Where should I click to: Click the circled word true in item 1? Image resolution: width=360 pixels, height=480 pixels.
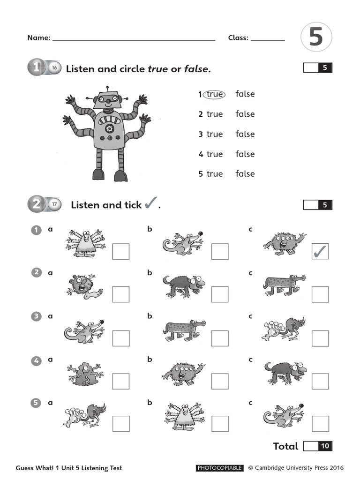[x=215, y=94]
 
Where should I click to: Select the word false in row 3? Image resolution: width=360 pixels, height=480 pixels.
[x=245, y=134]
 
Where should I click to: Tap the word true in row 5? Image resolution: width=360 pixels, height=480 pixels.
[x=215, y=174]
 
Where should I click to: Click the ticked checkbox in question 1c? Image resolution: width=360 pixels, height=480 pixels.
[x=320, y=251]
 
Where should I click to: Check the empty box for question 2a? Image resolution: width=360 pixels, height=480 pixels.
[x=120, y=294]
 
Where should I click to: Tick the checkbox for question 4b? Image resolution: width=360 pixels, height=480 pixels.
[x=220, y=381]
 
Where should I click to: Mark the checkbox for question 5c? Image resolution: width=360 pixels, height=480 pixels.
[x=320, y=423]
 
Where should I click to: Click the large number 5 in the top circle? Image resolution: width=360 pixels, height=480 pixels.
[x=316, y=37]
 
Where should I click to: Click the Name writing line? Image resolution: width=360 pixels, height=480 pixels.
[x=134, y=40]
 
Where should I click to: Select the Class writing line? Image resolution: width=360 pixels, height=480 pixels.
[x=268, y=40]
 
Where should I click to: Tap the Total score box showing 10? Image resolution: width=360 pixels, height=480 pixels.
[x=318, y=446]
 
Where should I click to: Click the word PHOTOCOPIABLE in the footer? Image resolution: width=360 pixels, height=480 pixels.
[x=219, y=468]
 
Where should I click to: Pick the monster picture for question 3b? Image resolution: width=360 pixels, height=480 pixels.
[x=184, y=330]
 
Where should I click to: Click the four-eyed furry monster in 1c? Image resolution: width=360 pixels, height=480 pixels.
[x=284, y=243]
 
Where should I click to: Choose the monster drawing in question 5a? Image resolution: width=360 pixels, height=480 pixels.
[x=84, y=415]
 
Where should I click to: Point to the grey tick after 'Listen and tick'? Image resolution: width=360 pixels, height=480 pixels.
[x=150, y=203]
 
